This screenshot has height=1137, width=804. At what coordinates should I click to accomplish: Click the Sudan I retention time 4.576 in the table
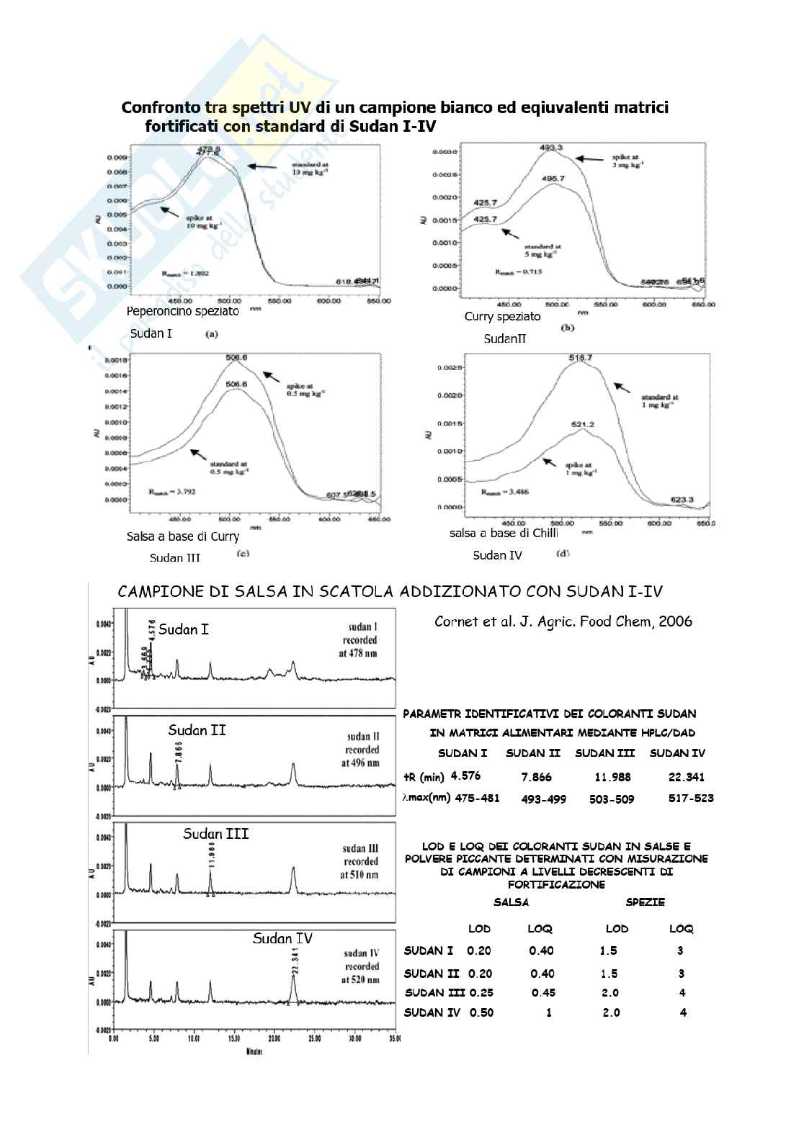pyautogui.click(x=465, y=776)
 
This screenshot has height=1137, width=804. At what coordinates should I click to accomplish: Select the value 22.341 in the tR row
pyautogui.click(x=687, y=777)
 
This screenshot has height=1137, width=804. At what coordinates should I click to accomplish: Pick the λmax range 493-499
pyautogui.click(x=543, y=799)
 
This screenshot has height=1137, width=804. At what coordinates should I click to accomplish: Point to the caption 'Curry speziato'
pyautogui.click(x=502, y=317)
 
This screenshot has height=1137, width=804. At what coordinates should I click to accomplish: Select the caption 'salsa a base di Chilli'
pyautogui.click(x=504, y=533)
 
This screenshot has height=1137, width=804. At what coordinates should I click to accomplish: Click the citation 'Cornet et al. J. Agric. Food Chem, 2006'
pyautogui.click(x=563, y=621)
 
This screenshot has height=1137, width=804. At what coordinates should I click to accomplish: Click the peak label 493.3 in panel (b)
pyautogui.click(x=550, y=148)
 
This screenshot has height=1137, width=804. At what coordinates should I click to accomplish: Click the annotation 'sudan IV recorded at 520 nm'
pyautogui.click(x=361, y=966)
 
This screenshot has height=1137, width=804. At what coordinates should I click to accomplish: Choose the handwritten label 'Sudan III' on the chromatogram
pyautogui.click(x=215, y=833)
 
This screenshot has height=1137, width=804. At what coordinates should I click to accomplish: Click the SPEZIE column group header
pyautogui.click(x=645, y=902)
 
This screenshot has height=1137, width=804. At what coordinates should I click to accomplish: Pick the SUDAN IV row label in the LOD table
pyautogui.click(x=432, y=1012)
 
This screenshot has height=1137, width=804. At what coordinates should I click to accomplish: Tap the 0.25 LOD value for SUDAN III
pyautogui.click(x=481, y=992)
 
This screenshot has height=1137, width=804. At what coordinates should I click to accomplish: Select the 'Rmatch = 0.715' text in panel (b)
pyautogui.click(x=518, y=271)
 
